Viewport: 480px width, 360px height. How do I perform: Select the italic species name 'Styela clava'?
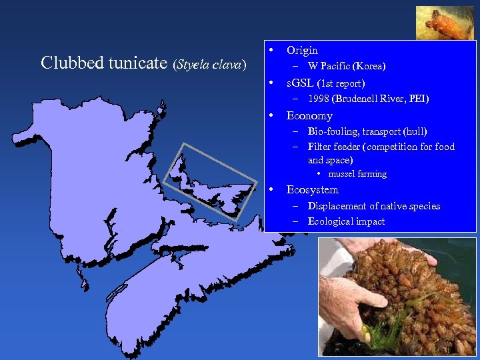click(x=211, y=65)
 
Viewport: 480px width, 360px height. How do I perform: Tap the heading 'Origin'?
click(x=302, y=50)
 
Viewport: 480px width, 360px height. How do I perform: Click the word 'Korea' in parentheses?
click(x=367, y=66)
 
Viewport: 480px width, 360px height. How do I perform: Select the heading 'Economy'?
click(x=309, y=115)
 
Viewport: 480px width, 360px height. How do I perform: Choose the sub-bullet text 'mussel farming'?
click(x=357, y=174)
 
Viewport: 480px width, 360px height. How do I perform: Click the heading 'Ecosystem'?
click(x=312, y=190)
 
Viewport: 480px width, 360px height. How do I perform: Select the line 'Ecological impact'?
click(x=346, y=221)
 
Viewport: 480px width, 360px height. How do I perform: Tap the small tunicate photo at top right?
click(x=445, y=23)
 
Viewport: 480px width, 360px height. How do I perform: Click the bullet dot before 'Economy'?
click(x=271, y=115)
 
